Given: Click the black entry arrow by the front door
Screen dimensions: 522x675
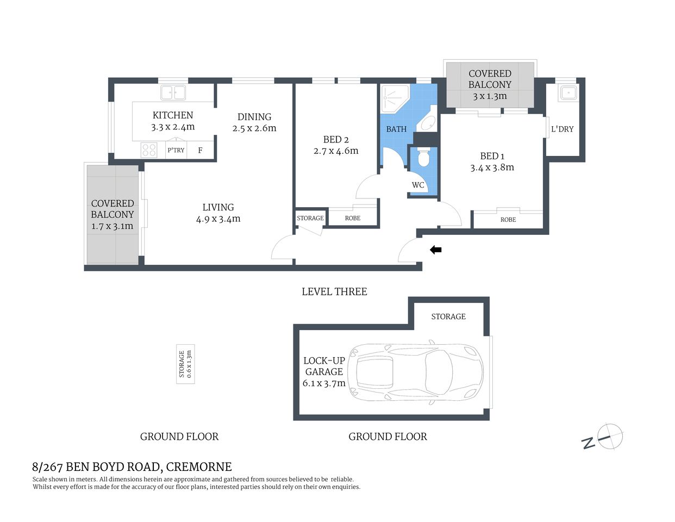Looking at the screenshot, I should [x=436, y=250].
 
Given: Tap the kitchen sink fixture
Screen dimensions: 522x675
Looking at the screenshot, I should [x=172, y=93].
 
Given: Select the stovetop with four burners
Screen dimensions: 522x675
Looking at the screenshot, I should [x=149, y=150].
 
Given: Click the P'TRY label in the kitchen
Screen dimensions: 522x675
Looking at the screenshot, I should [x=176, y=150].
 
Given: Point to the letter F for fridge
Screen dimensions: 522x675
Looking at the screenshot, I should [x=200, y=151].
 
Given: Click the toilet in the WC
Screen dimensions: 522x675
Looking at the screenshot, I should [x=423, y=159].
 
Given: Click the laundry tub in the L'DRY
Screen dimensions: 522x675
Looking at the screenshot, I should [x=568, y=93].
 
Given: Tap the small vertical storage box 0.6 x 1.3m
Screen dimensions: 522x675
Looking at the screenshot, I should [x=185, y=364].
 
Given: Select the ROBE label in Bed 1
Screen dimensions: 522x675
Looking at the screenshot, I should [x=508, y=220].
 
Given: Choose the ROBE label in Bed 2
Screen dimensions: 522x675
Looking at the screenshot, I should [x=353, y=218].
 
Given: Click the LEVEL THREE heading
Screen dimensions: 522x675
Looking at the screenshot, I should [x=334, y=292].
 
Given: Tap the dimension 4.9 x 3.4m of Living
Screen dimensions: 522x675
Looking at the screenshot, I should [x=218, y=219].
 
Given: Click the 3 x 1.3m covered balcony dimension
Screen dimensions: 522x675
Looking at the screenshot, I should [x=490, y=96].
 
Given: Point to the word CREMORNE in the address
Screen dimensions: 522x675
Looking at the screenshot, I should [x=198, y=467].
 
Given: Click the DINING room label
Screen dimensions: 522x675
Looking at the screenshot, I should [x=254, y=117].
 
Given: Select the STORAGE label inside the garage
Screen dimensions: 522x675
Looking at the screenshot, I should [x=448, y=316].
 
